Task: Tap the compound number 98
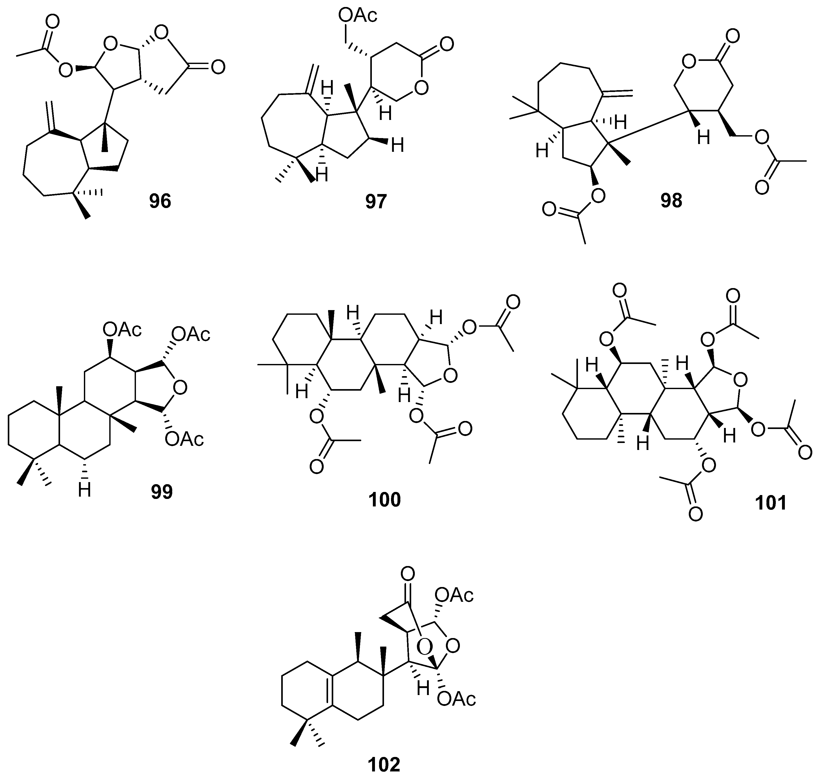[x=671, y=201]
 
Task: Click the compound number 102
[x=384, y=764]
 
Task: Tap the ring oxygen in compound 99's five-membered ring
[x=179, y=388]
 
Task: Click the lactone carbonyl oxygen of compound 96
[x=218, y=67]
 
